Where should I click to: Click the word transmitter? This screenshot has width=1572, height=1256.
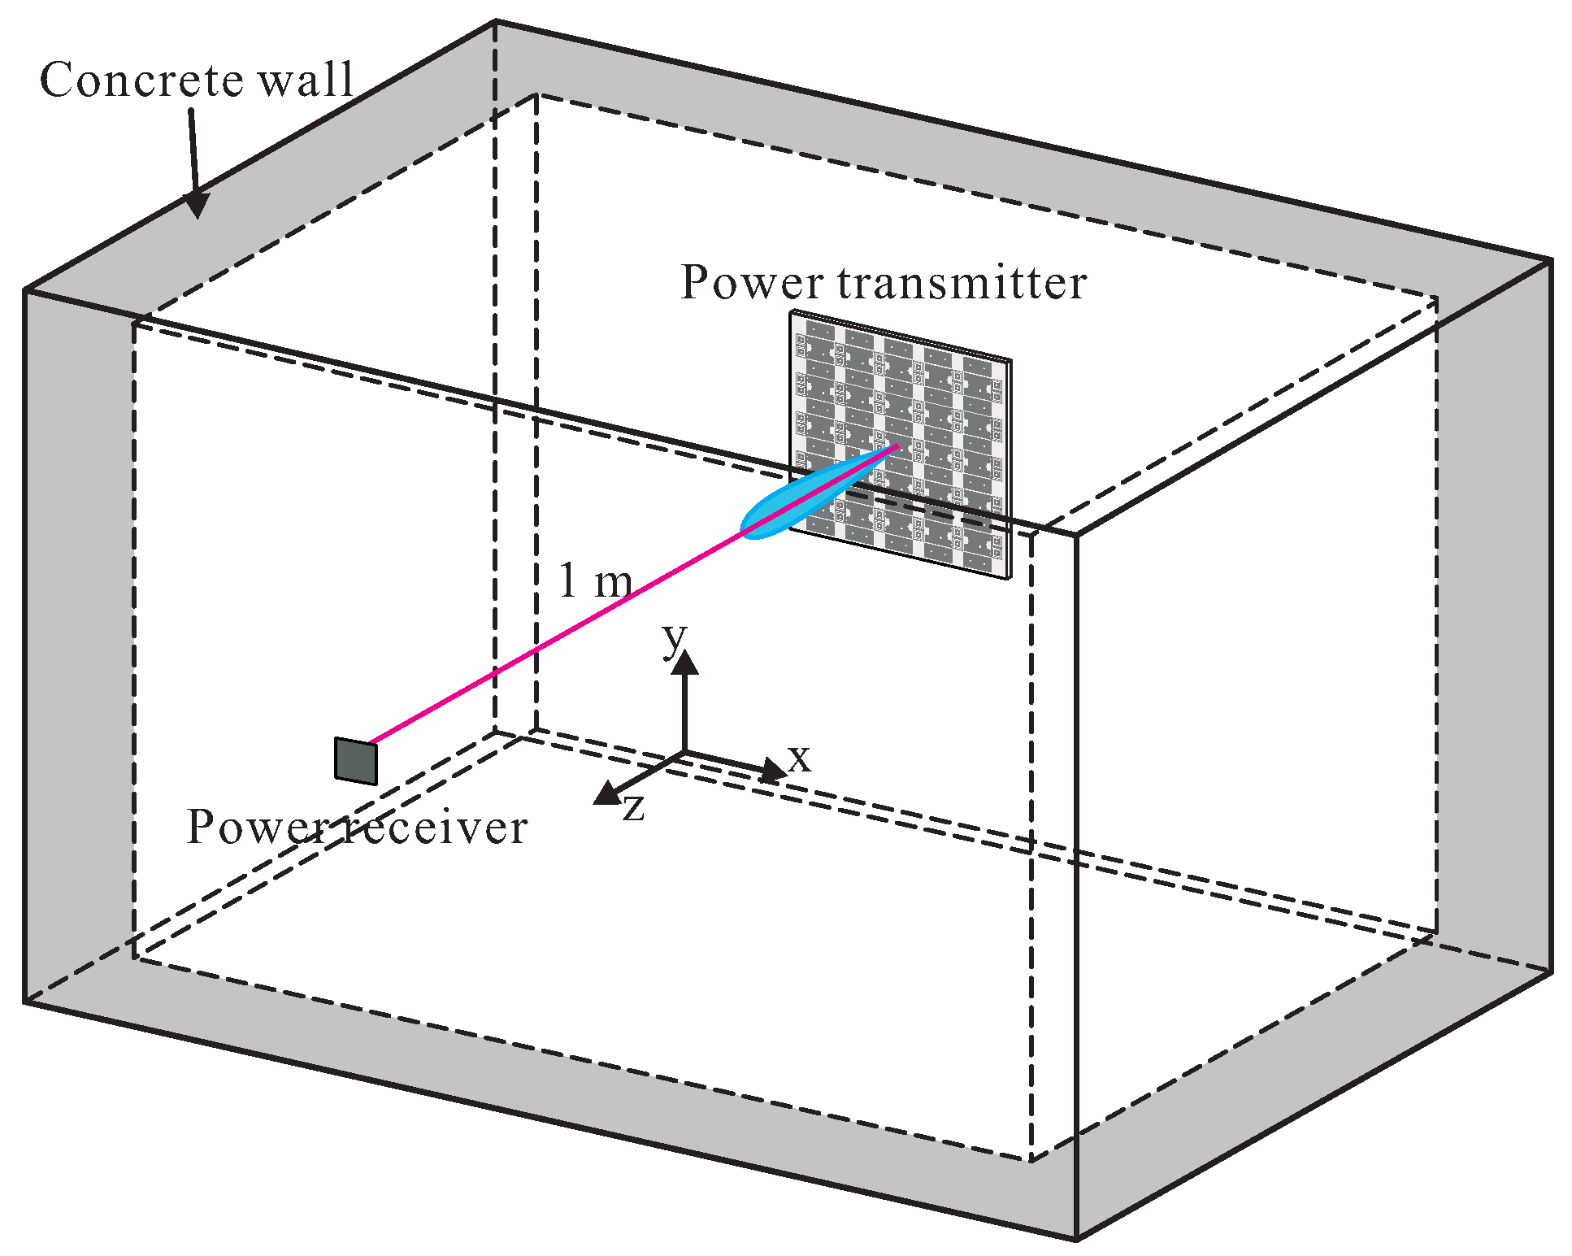pos(962,283)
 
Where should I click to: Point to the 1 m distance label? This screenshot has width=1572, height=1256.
pos(595,581)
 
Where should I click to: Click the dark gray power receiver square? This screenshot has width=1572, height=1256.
pos(356,761)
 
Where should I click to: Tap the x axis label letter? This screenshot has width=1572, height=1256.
pos(800,758)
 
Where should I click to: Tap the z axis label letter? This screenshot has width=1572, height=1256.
pos(634,808)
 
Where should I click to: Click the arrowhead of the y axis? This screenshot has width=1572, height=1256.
pos(685,663)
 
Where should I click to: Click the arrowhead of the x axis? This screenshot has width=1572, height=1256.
pos(774,770)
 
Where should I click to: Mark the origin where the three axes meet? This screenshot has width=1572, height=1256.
pos(685,753)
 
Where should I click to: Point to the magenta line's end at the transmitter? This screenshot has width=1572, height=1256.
pos(897,445)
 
